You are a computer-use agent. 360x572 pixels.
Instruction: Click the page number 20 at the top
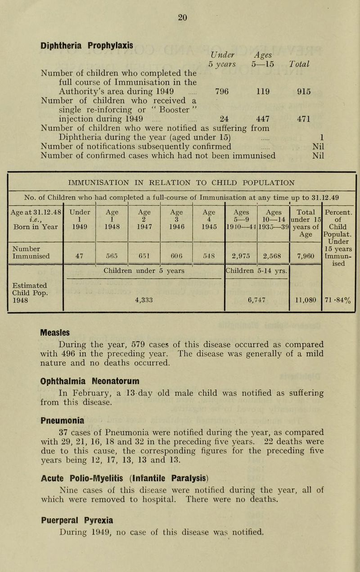click(x=182, y=17)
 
